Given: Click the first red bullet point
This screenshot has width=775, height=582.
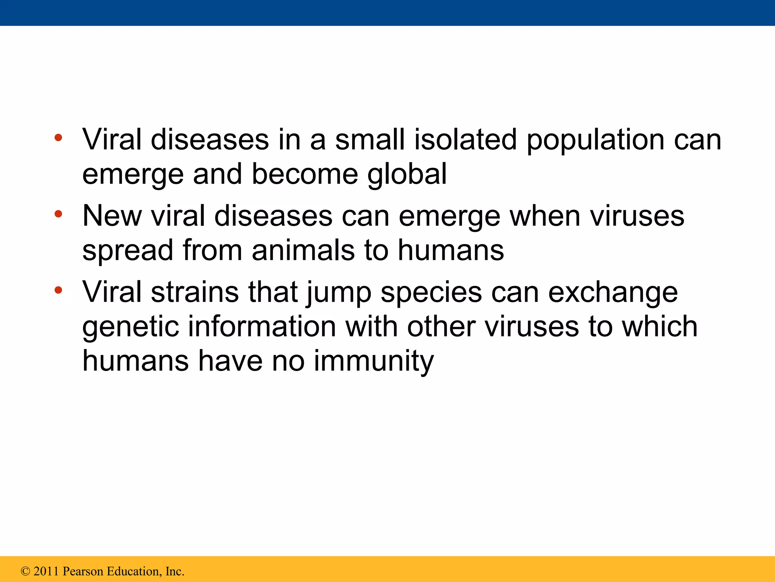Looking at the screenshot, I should click(x=58, y=138).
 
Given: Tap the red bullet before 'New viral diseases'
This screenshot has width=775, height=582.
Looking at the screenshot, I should click(x=58, y=214).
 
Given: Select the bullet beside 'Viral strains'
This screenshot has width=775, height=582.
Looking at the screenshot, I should click(x=58, y=291).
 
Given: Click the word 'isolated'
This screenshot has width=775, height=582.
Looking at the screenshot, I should click(x=465, y=139).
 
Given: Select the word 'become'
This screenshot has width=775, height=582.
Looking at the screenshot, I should click(x=305, y=174).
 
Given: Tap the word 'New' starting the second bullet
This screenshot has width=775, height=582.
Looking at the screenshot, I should click(x=112, y=216).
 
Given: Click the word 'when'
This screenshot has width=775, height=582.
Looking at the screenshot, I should click(x=545, y=216).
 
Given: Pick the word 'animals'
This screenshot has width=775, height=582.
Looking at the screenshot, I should click(x=303, y=250).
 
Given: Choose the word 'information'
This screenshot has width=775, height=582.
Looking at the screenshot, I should click(x=262, y=326).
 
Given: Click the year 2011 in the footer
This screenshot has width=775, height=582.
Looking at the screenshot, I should click(x=47, y=571).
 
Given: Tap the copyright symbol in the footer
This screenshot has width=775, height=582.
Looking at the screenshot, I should click(x=25, y=571).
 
